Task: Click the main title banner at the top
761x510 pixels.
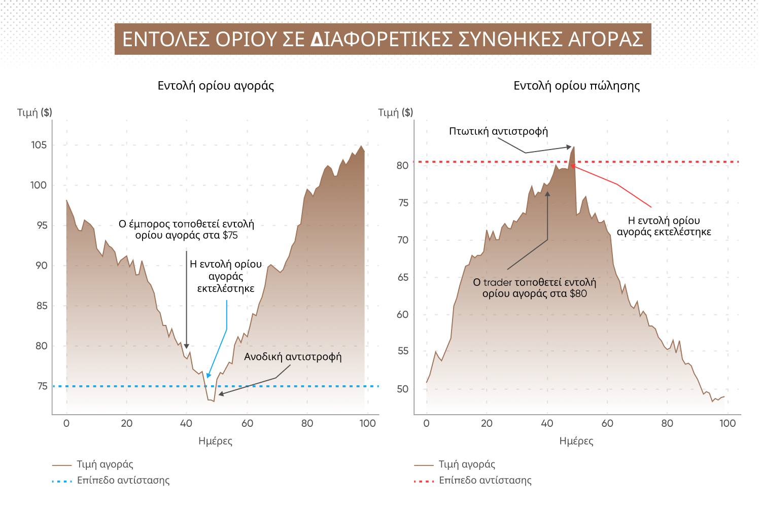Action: click(x=383, y=39)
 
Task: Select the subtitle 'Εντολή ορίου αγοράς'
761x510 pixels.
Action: click(x=216, y=86)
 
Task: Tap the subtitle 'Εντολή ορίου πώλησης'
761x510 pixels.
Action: click(x=576, y=86)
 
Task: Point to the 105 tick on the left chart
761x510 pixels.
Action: click(x=39, y=145)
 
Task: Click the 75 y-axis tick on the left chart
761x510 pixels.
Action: click(x=42, y=386)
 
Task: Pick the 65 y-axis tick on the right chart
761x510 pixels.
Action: click(x=403, y=277)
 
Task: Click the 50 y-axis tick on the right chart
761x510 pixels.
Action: click(x=402, y=389)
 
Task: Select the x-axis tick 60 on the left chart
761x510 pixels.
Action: click(x=247, y=423)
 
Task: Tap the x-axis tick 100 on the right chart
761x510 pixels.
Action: click(x=727, y=423)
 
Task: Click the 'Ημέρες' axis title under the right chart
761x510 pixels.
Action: click(x=576, y=441)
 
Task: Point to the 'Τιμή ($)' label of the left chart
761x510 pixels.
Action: click(x=34, y=112)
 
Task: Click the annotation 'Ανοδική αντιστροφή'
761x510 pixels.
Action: click(x=293, y=357)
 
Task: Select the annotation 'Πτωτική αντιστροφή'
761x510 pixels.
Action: click(x=498, y=131)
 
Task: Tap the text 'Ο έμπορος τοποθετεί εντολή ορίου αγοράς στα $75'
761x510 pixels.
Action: click(x=186, y=230)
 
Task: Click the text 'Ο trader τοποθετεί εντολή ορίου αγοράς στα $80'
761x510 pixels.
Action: click(x=534, y=288)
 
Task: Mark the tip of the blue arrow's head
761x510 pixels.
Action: click(x=207, y=378)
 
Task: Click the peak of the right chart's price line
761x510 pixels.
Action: click(x=574, y=147)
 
